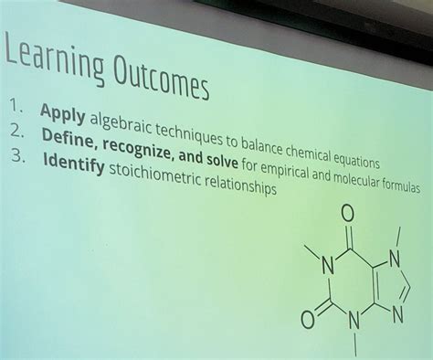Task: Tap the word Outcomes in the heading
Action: pos(162,79)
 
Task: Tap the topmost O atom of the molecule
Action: pos(346,214)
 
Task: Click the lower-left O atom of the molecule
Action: pos(307,321)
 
